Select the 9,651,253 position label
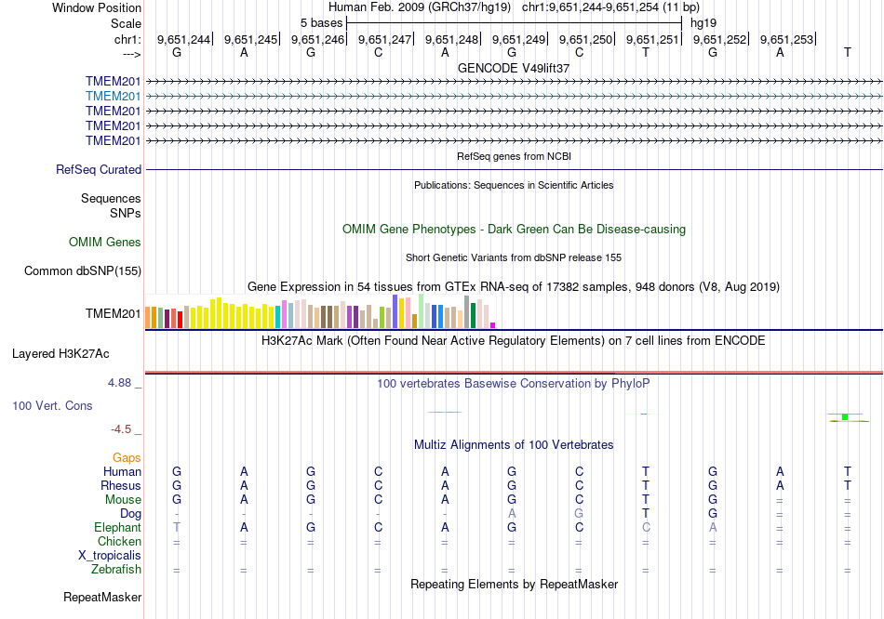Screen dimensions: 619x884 [786, 39]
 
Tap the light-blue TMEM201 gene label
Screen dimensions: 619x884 [113, 96]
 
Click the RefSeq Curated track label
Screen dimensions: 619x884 [99, 170]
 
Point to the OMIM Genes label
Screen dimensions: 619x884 [105, 243]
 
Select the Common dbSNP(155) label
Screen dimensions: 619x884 [76, 271]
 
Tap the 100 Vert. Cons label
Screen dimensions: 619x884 [52, 406]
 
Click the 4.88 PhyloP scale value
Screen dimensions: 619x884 [124, 382]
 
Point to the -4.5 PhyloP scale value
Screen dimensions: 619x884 [124, 429]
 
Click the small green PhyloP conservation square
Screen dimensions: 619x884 [844, 417]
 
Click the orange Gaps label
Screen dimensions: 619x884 [127, 457]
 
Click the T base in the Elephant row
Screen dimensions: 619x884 [177, 527]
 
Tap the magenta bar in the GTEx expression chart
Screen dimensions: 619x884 [492, 324]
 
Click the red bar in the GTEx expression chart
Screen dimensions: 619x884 [180, 319]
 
